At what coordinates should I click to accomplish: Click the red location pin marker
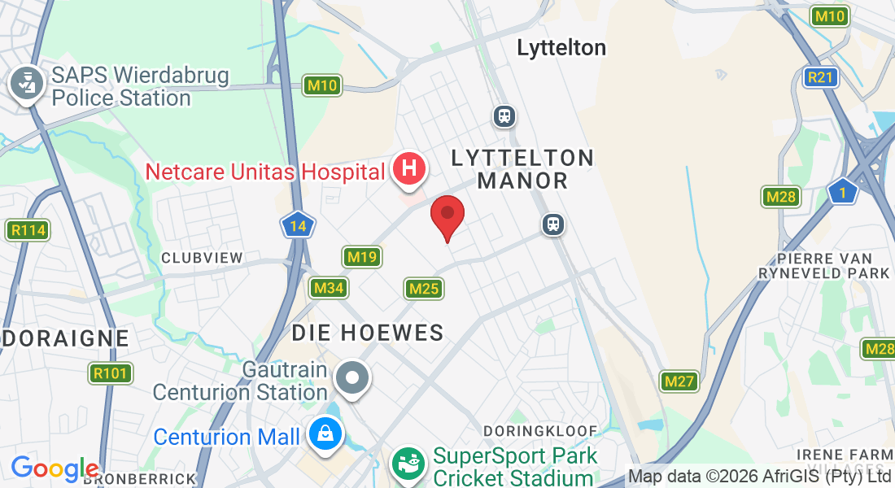(447, 215)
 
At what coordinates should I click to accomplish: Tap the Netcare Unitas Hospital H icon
(409, 169)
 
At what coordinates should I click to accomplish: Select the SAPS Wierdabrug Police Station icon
(27, 83)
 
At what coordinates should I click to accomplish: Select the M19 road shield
(362, 258)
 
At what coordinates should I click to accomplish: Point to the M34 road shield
(329, 288)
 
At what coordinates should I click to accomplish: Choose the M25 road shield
(424, 288)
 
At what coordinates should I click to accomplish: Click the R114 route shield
(28, 230)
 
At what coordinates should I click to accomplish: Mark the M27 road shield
(679, 381)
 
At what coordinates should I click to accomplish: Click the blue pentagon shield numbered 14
(299, 225)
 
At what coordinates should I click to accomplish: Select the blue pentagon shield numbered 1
(843, 193)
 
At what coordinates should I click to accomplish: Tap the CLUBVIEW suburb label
(202, 258)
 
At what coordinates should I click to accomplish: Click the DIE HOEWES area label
(368, 332)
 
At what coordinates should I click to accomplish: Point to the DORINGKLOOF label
(540, 430)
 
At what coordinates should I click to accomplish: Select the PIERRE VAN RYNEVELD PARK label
(823, 265)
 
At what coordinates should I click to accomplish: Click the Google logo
(55, 468)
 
